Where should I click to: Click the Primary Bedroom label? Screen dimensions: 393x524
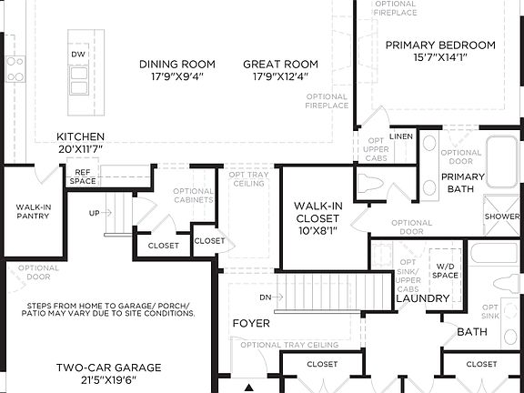tap(440, 45)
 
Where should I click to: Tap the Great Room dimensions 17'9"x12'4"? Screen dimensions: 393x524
tap(280, 77)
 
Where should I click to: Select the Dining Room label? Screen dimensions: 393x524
tap(177, 64)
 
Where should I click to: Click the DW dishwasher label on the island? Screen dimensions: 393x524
tap(78, 55)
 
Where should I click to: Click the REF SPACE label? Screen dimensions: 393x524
tap(82, 176)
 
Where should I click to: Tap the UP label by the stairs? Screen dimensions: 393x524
tap(95, 213)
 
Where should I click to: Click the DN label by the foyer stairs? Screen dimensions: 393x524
tap(265, 297)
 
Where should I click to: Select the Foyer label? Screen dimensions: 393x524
tap(251, 323)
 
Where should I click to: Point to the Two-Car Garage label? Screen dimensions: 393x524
tap(108, 368)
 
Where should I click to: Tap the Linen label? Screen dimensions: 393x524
tap(401, 136)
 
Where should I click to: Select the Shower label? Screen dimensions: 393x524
tap(502, 217)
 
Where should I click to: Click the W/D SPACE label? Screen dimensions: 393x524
tap(444, 269)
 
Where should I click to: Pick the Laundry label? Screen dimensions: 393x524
tap(422, 298)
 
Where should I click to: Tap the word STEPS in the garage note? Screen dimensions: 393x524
tap(40, 305)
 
